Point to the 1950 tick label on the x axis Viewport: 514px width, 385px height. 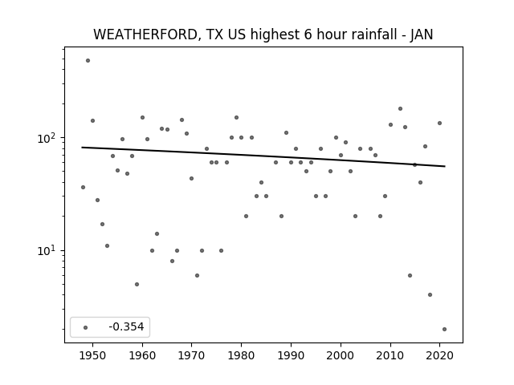93,355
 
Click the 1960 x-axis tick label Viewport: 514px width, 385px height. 142,355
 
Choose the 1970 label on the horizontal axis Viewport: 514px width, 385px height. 192,355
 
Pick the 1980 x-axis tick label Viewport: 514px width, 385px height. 241,355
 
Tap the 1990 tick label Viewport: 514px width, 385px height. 291,355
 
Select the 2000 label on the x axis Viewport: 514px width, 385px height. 341,355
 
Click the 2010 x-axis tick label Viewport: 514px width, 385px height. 390,355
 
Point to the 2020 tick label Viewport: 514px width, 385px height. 439,355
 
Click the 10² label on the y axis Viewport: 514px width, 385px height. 48,138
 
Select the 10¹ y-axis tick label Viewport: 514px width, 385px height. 48,251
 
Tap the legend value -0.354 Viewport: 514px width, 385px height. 126,326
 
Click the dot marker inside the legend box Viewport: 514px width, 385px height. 85,327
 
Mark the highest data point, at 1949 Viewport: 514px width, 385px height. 88,61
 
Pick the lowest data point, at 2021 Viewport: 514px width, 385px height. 444,330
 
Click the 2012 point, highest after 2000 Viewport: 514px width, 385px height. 400,109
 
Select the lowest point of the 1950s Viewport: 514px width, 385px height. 137,284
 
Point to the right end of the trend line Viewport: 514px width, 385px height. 445,166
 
